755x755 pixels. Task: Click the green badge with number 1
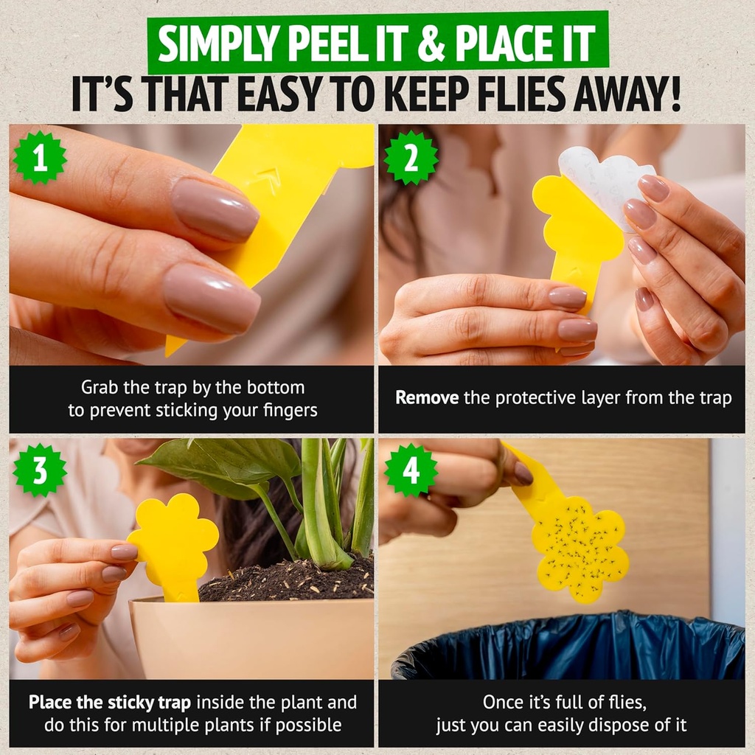point(40,157)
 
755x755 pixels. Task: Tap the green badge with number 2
point(411,157)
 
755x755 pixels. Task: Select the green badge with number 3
point(40,470)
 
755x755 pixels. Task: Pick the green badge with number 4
point(411,470)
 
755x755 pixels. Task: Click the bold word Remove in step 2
point(427,398)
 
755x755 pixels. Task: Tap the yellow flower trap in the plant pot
point(175,541)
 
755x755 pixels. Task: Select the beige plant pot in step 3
point(251,638)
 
